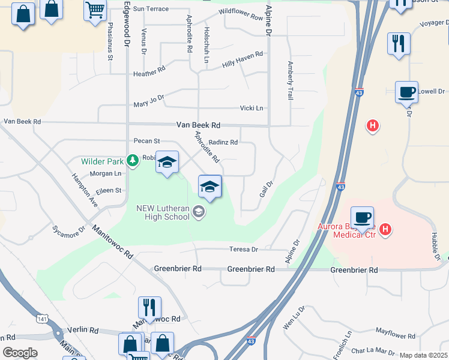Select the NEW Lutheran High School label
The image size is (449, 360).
tap(163, 212)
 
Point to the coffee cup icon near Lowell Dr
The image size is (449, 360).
tap(406, 92)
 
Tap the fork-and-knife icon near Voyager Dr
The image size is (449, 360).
tap(398, 43)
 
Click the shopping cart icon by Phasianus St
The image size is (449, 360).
tap(95, 10)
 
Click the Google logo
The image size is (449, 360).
tap(20, 353)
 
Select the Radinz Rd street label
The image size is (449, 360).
tap(223, 142)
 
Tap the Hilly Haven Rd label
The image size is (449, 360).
tap(243, 58)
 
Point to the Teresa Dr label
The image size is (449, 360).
tap(243, 249)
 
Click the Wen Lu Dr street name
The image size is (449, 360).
tap(294, 317)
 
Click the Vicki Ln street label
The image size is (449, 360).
tap(252, 108)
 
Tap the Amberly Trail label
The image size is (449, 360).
tap(290, 80)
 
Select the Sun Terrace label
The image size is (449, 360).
tap(151, 9)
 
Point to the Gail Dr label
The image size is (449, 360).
tap(267, 189)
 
